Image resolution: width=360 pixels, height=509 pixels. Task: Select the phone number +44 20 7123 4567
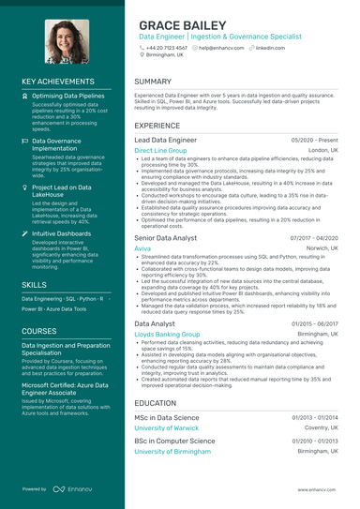(166, 46)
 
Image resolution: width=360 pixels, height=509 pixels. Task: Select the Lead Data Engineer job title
(169, 139)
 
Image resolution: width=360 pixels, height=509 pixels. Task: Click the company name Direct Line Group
(160, 150)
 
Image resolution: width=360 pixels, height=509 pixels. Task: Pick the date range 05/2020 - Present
(315, 139)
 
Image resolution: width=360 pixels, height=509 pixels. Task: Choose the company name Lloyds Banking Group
(172, 334)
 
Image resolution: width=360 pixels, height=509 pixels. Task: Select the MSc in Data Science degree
(167, 417)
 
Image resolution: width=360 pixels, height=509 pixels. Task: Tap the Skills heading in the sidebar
(35, 283)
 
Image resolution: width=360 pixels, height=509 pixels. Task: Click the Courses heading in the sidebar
(39, 330)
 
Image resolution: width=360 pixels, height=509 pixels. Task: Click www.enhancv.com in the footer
(318, 489)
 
